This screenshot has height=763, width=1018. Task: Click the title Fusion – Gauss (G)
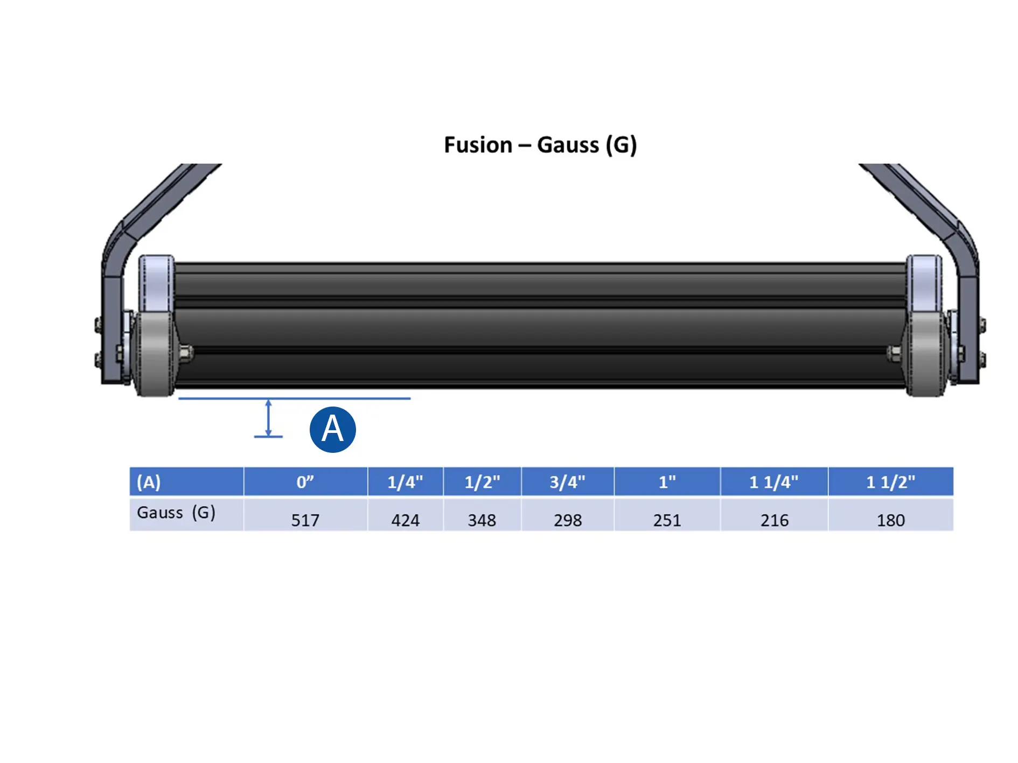click(x=540, y=145)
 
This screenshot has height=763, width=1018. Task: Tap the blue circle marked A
click(x=332, y=429)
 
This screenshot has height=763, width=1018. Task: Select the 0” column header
click(x=305, y=481)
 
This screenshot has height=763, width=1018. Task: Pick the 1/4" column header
click(x=405, y=481)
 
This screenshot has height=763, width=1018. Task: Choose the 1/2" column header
click(x=482, y=481)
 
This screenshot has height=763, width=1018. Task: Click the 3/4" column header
click(x=567, y=481)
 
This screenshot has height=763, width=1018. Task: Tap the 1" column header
click(x=667, y=481)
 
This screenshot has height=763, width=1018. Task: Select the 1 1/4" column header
click(x=773, y=481)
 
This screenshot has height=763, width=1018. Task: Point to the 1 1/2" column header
click(x=890, y=481)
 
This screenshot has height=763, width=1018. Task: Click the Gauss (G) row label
click(x=176, y=513)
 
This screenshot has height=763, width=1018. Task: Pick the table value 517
click(x=305, y=520)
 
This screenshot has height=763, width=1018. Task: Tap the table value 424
click(x=405, y=520)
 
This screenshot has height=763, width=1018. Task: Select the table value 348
click(x=482, y=520)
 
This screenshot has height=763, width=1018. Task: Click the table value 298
click(x=568, y=520)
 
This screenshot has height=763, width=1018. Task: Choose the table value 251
click(x=667, y=520)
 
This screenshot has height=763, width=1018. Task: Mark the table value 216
click(x=775, y=520)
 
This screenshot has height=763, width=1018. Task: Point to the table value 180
click(x=891, y=520)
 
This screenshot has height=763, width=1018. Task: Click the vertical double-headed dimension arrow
click(x=268, y=418)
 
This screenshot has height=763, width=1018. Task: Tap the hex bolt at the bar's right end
click(x=894, y=353)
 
